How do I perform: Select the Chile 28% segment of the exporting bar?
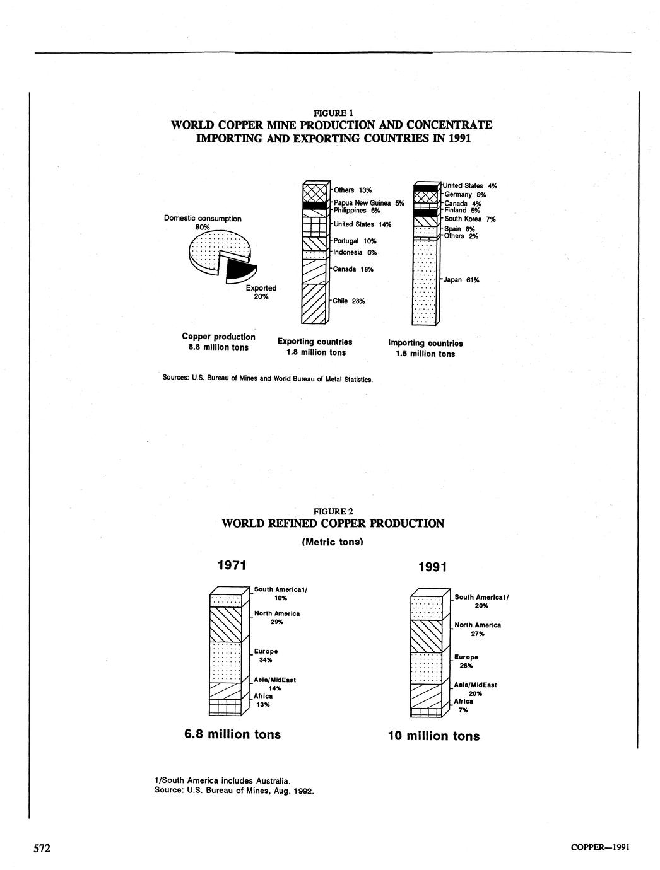coord(314,303)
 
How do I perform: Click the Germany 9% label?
coord(465,195)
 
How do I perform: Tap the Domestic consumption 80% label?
coord(203,223)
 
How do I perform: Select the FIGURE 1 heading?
coord(332,113)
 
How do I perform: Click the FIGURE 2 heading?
coord(333,511)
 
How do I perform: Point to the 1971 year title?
coord(231,565)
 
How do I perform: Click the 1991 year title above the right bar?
coord(433,567)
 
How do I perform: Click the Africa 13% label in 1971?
coord(263,700)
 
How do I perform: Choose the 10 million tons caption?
coord(433,736)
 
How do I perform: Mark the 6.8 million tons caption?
coord(232,734)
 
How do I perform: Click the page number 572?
coord(42,848)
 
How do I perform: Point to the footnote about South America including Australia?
coord(221,780)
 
